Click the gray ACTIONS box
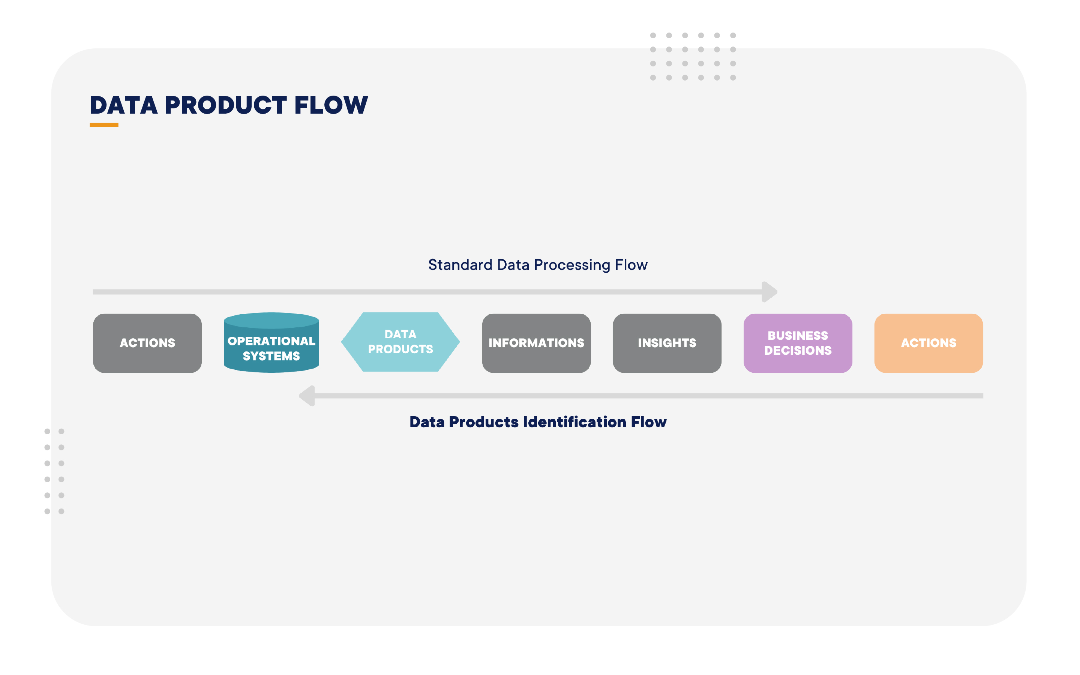pyautogui.click(x=147, y=343)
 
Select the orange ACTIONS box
pyautogui.click(x=928, y=343)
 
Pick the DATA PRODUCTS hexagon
pyautogui.click(x=400, y=342)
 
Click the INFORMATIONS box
pyautogui.click(x=536, y=343)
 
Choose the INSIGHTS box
pyautogui.click(x=667, y=343)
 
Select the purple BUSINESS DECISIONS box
pyautogui.click(x=798, y=343)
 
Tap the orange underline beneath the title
pyautogui.click(x=104, y=125)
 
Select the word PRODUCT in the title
pyautogui.click(x=225, y=105)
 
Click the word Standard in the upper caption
pyautogui.click(x=460, y=265)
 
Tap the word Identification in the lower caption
pyautogui.click(x=574, y=422)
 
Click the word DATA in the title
pyautogui.click(x=124, y=105)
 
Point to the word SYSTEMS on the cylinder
pyautogui.click(x=271, y=356)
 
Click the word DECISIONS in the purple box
pyautogui.click(x=798, y=351)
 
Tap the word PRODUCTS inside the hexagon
pyautogui.click(x=400, y=349)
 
